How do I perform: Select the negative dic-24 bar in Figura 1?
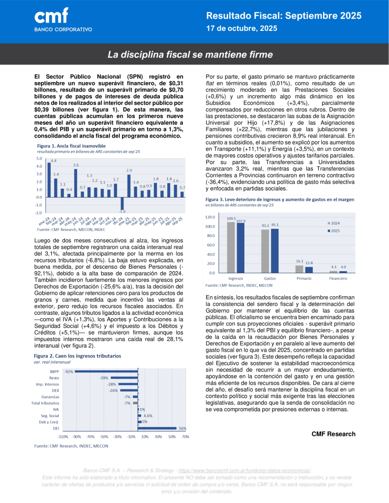click(122, 204)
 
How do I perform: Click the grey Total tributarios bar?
click(134, 403)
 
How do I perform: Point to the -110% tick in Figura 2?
click(62, 436)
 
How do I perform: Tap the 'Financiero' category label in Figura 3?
click(338, 279)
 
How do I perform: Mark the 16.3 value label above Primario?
click(299, 262)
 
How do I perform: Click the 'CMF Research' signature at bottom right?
click(333, 434)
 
